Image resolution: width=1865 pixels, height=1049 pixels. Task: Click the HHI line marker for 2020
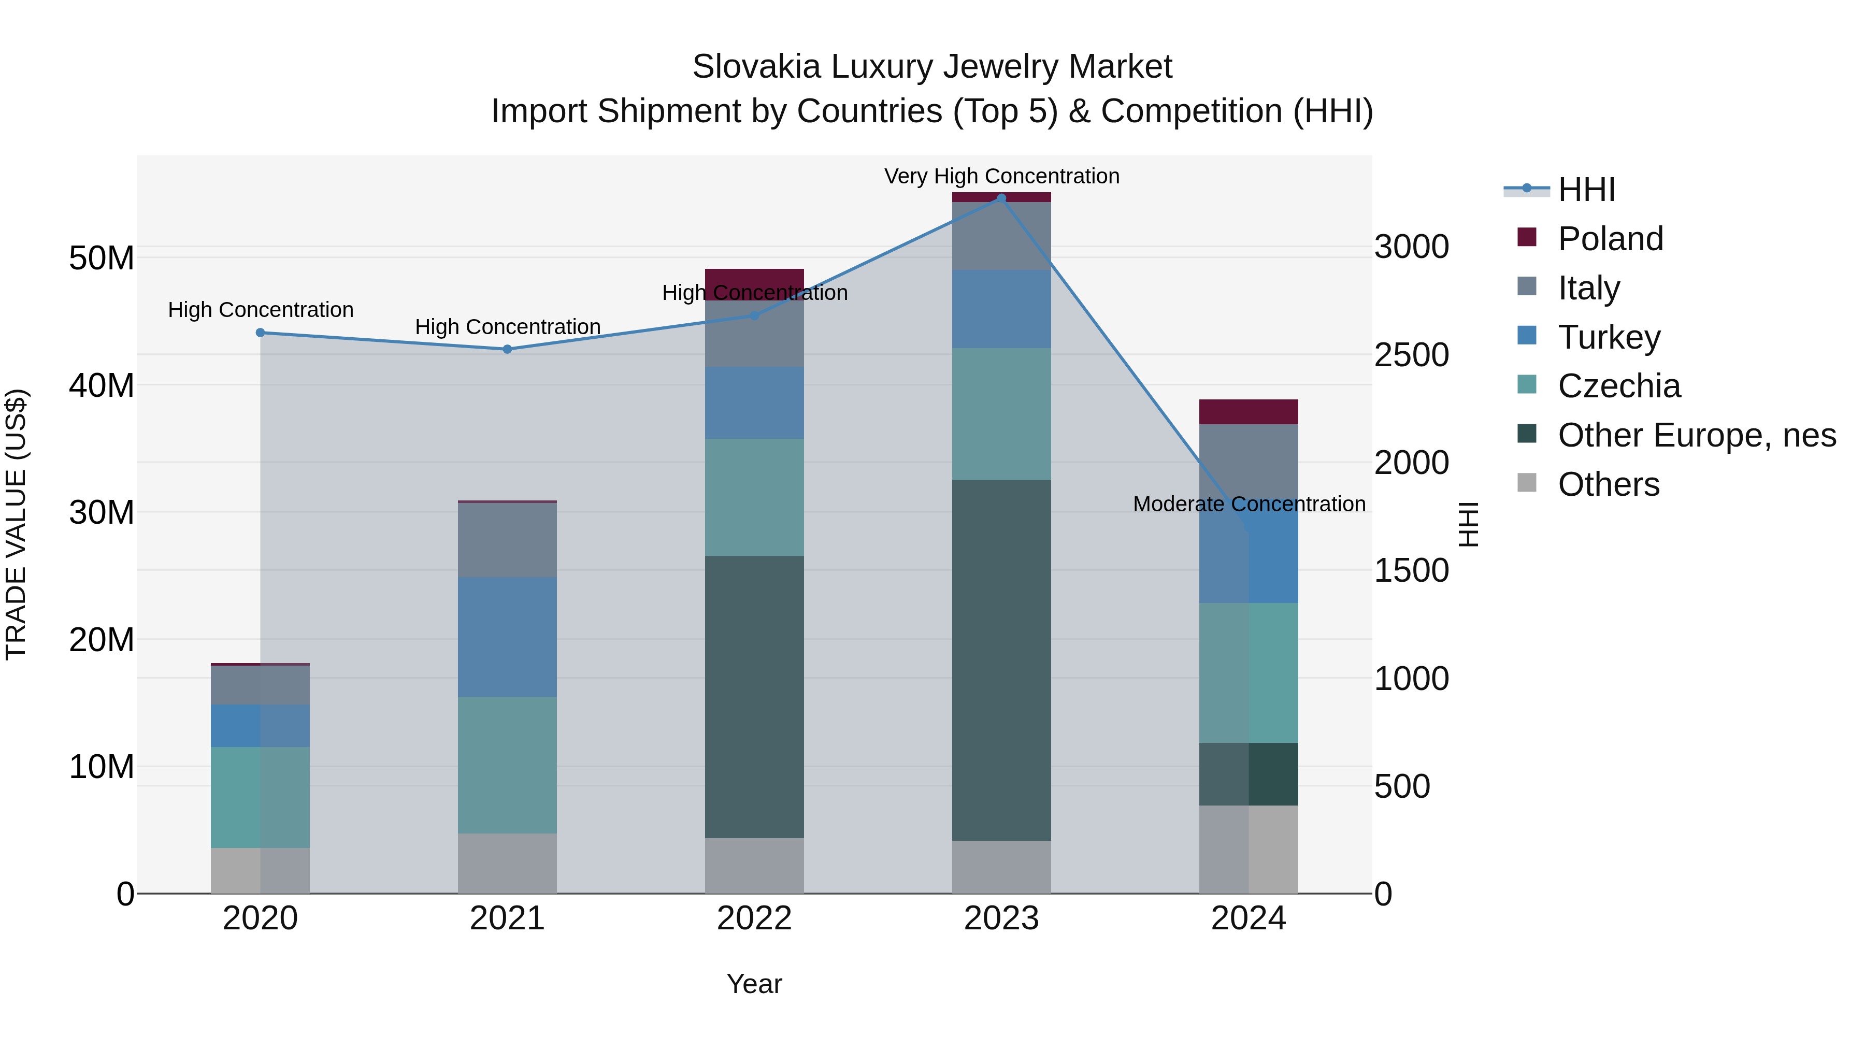pos(261,333)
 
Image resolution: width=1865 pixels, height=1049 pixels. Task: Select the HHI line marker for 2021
pos(508,349)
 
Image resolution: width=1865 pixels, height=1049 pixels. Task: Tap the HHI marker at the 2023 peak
pos(1001,198)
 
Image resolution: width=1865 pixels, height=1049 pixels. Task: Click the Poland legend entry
pos(1610,238)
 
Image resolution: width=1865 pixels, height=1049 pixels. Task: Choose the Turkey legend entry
pos(1609,337)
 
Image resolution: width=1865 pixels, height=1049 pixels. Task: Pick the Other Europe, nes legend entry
pos(1696,435)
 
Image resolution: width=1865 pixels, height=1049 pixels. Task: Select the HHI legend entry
pos(1586,190)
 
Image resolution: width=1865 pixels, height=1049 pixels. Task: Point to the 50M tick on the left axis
pos(102,258)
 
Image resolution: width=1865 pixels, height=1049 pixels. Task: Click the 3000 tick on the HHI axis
pos(1411,247)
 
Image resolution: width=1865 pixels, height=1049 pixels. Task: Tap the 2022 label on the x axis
pos(754,918)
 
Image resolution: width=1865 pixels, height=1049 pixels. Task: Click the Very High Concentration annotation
pos(1001,176)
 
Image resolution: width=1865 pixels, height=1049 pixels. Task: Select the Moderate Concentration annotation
pos(1249,504)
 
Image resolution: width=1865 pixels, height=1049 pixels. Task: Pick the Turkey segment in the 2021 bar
pos(508,637)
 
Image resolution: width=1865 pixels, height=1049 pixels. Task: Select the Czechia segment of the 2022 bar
pos(754,497)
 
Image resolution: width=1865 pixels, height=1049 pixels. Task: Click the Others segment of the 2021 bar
pos(508,863)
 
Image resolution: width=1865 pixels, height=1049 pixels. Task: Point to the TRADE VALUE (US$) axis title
pos(16,524)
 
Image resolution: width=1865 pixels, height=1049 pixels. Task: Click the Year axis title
pos(754,984)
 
